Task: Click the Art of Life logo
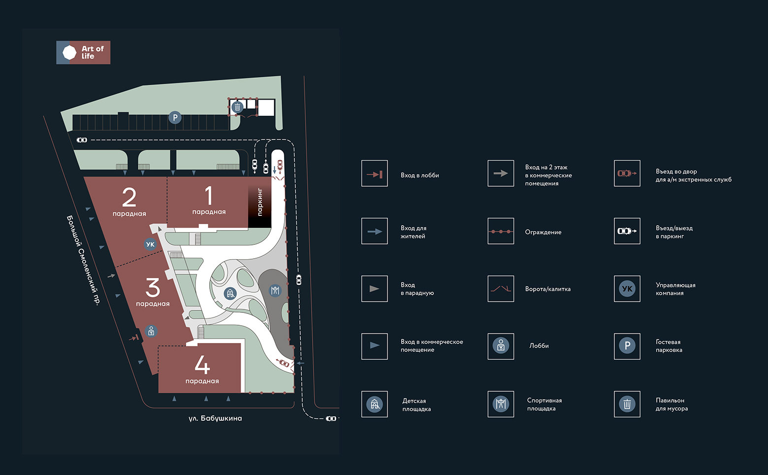(83, 53)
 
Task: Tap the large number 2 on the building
(129, 198)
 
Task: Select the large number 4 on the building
(202, 365)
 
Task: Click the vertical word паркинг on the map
(260, 202)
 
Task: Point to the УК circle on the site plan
(150, 244)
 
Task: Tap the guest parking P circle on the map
(175, 118)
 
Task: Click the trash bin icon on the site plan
(237, 107)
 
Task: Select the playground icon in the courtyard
(230, 294)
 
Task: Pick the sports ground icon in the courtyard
(275, 291)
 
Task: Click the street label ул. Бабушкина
(215, 418)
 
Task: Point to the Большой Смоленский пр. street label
(83, 260)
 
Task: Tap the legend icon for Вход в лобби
(374, 173)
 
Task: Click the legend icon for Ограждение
(501, 231)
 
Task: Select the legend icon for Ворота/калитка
(501, 289)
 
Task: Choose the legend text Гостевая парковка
(669, 346)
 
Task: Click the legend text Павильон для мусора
(672, 405)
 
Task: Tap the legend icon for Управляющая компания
(627, 289)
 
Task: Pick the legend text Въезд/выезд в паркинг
(674, 232)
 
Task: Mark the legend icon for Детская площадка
(374, 404)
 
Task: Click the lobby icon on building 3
(151, 331)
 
